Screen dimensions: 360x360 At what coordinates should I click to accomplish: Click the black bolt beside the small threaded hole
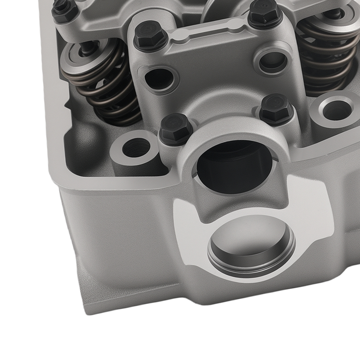click(x=174, y=126)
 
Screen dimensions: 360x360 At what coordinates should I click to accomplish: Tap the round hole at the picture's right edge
click(x=335, y=110)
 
